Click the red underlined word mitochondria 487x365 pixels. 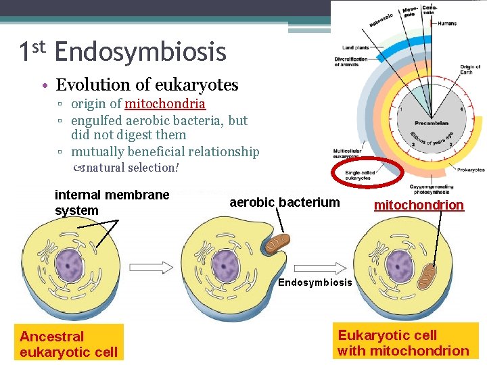tap(164, 103)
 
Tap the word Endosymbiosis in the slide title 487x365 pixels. tap(140, 51)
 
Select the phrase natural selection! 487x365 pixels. tap(133, 167)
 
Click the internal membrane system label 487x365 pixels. tap(112, 202)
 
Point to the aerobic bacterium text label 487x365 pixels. tap(285, 202)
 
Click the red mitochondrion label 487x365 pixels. tap(419, 205)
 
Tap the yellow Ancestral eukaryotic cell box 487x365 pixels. tap(69, 343)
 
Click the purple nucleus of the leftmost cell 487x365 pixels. tap(68, 264)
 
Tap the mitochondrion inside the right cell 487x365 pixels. tap(427, 276)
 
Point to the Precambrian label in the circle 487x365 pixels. tap(432, 124)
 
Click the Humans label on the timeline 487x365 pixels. tap(446, 23)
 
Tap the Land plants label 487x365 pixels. tap(356, 48)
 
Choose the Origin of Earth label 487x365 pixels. tap(470, 70)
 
